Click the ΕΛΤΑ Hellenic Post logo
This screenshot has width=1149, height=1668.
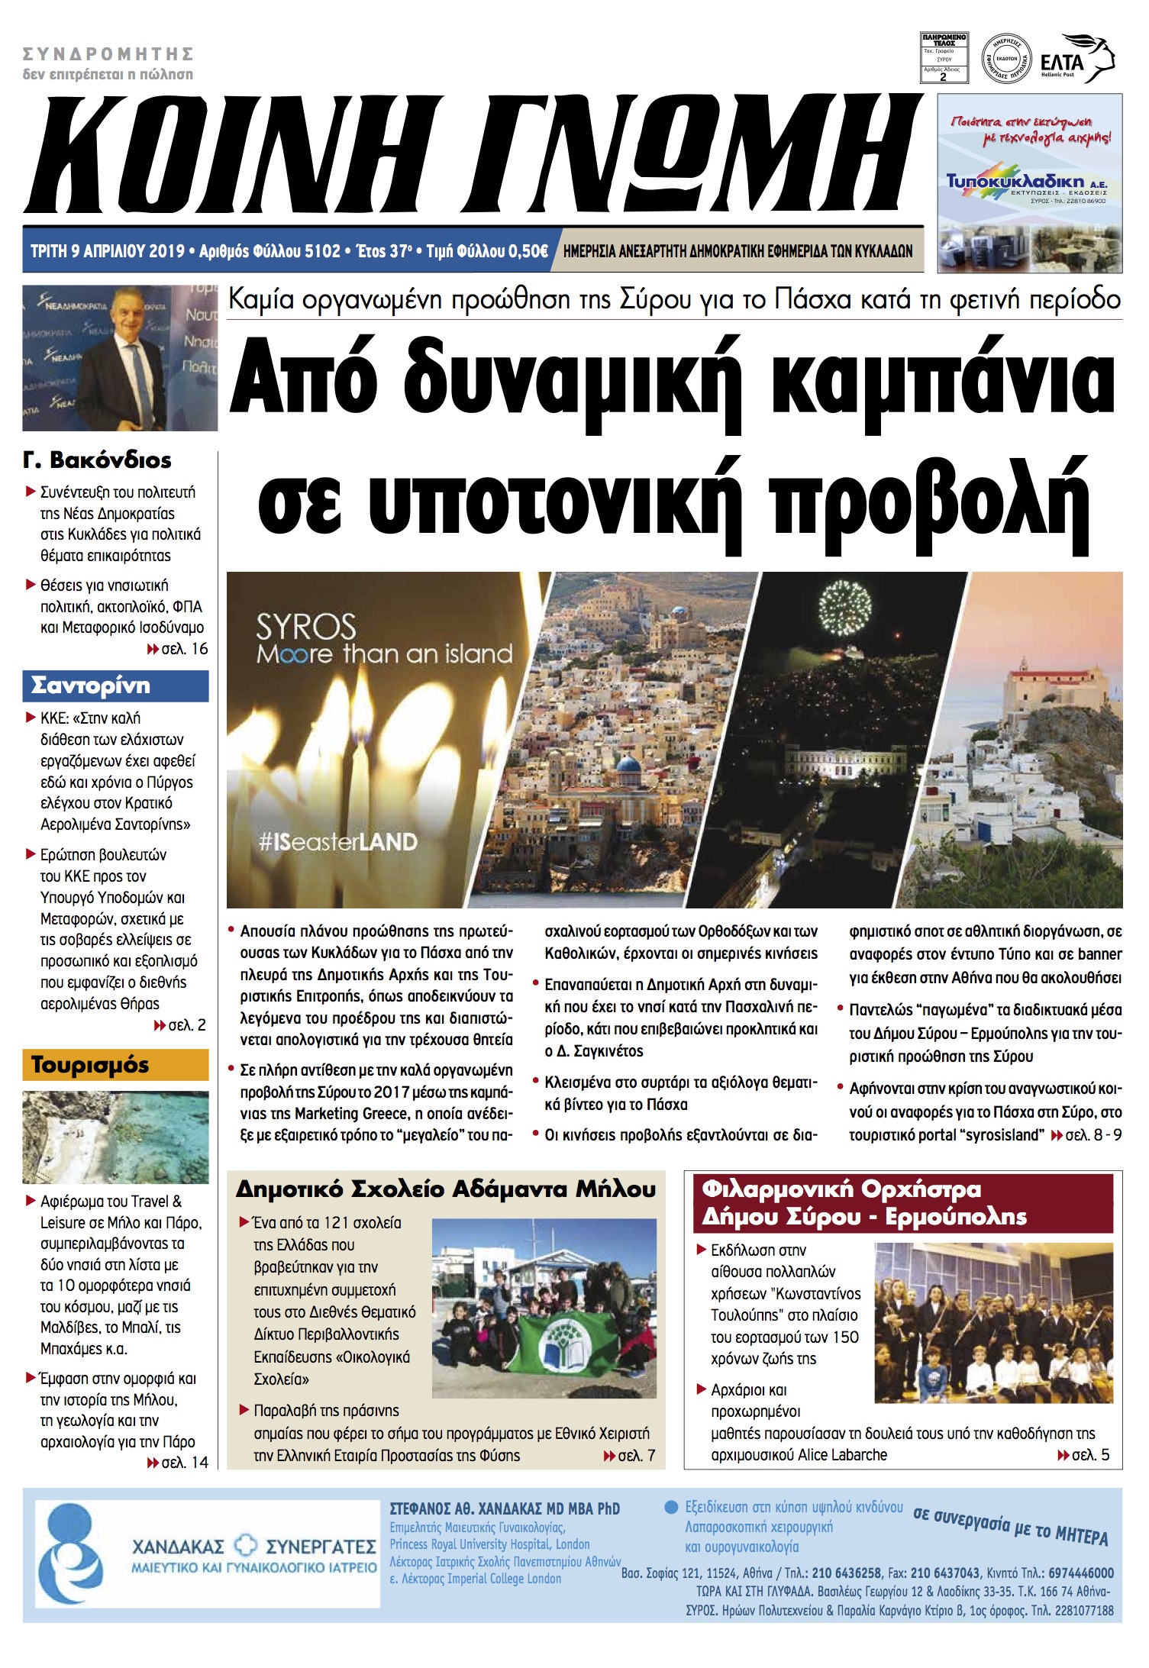tap(1076, 60)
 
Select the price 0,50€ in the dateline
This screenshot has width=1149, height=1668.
tap(528, 251)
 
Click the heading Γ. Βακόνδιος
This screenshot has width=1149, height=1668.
tap(97, 460)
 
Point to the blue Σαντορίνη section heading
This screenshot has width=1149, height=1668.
tap(115, 686)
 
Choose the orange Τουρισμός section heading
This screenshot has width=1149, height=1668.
tap(115, 1064)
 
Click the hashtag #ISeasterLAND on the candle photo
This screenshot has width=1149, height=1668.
tap(337, 842)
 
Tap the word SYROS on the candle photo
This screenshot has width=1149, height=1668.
tap(305, 628)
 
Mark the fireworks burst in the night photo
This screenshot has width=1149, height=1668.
tap(844, 607)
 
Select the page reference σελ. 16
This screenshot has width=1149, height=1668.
tap(183, 649)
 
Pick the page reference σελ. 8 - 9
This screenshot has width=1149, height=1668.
tap(1093, 1135)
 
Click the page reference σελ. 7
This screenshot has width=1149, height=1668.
tap(635, 1456)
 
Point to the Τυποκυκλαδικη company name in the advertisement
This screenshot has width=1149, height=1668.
tap(1015, 181)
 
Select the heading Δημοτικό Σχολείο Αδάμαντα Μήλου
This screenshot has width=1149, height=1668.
tap(446, 1189)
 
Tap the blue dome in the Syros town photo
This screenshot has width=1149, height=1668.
tap(628, 766)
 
